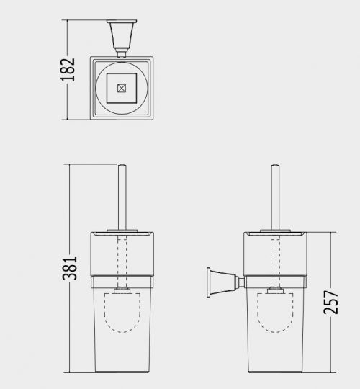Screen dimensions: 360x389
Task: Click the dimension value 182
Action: pos(68,70)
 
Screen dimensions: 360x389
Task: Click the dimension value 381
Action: pos(70,268)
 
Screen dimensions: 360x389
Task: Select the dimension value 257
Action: pos(330,303)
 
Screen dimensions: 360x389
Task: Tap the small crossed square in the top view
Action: pos(122,88)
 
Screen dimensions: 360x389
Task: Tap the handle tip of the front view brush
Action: pos(122,165)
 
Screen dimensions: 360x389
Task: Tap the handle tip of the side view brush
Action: pos(276,165)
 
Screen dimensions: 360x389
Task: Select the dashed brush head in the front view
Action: pos(122,313)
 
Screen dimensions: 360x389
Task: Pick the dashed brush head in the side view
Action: pos(275,313)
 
